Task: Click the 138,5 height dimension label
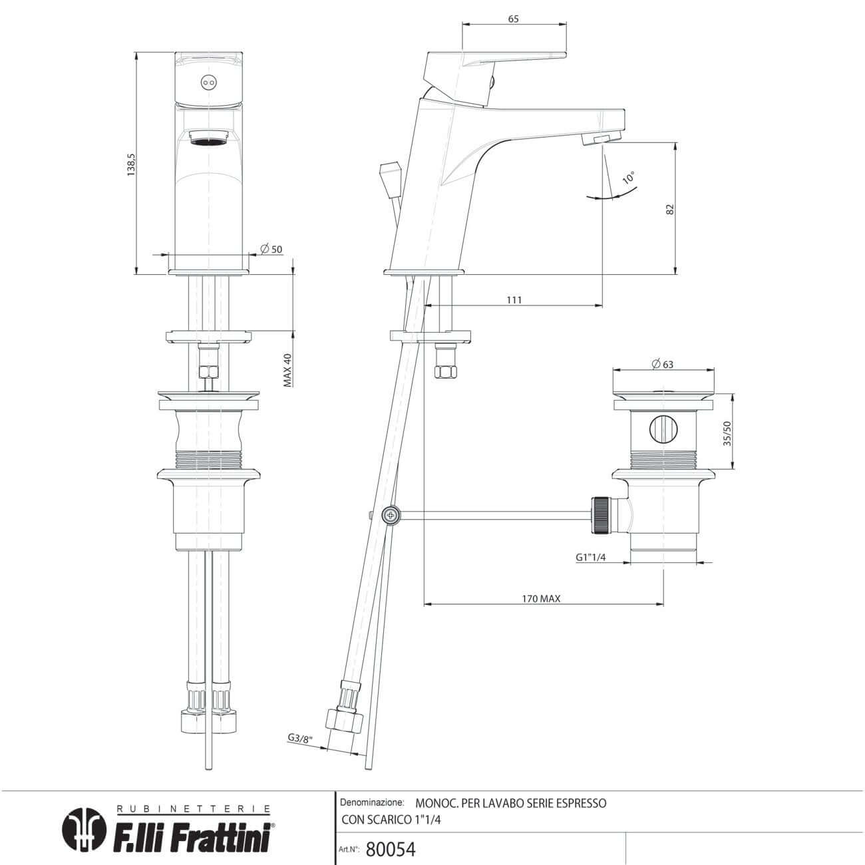(x=132, y=164)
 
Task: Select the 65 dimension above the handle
(x=513, y=19)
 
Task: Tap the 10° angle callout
(x=629, y=178)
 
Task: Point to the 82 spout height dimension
(x=670, y=208)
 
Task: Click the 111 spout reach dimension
(x=514, y=300)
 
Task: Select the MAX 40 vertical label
(x=288, y=370)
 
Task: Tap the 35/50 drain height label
(x=727, y=434)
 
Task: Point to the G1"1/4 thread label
(x=591, y=558)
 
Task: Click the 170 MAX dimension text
(x=540, y=599)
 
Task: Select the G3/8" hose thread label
(x=299, y=738)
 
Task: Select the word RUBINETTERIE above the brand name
(x=194, y=809)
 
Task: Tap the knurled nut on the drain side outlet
(x=602, y=515)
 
